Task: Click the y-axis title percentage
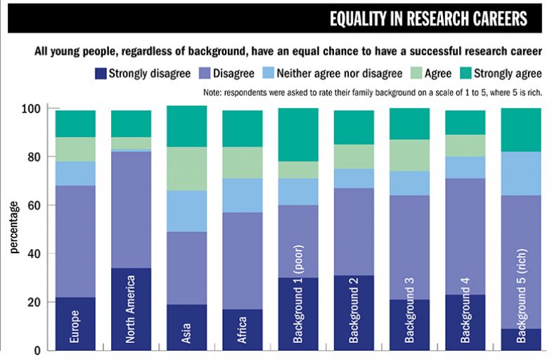coord(14,229)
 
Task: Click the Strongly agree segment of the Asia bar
coord(186,127)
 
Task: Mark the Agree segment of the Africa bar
coord(242,162)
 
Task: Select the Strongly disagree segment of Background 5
coord(521,339)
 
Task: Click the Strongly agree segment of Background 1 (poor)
coord(297,135)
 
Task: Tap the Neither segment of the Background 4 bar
coord(466,167)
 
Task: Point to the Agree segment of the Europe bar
coord(75,150)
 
